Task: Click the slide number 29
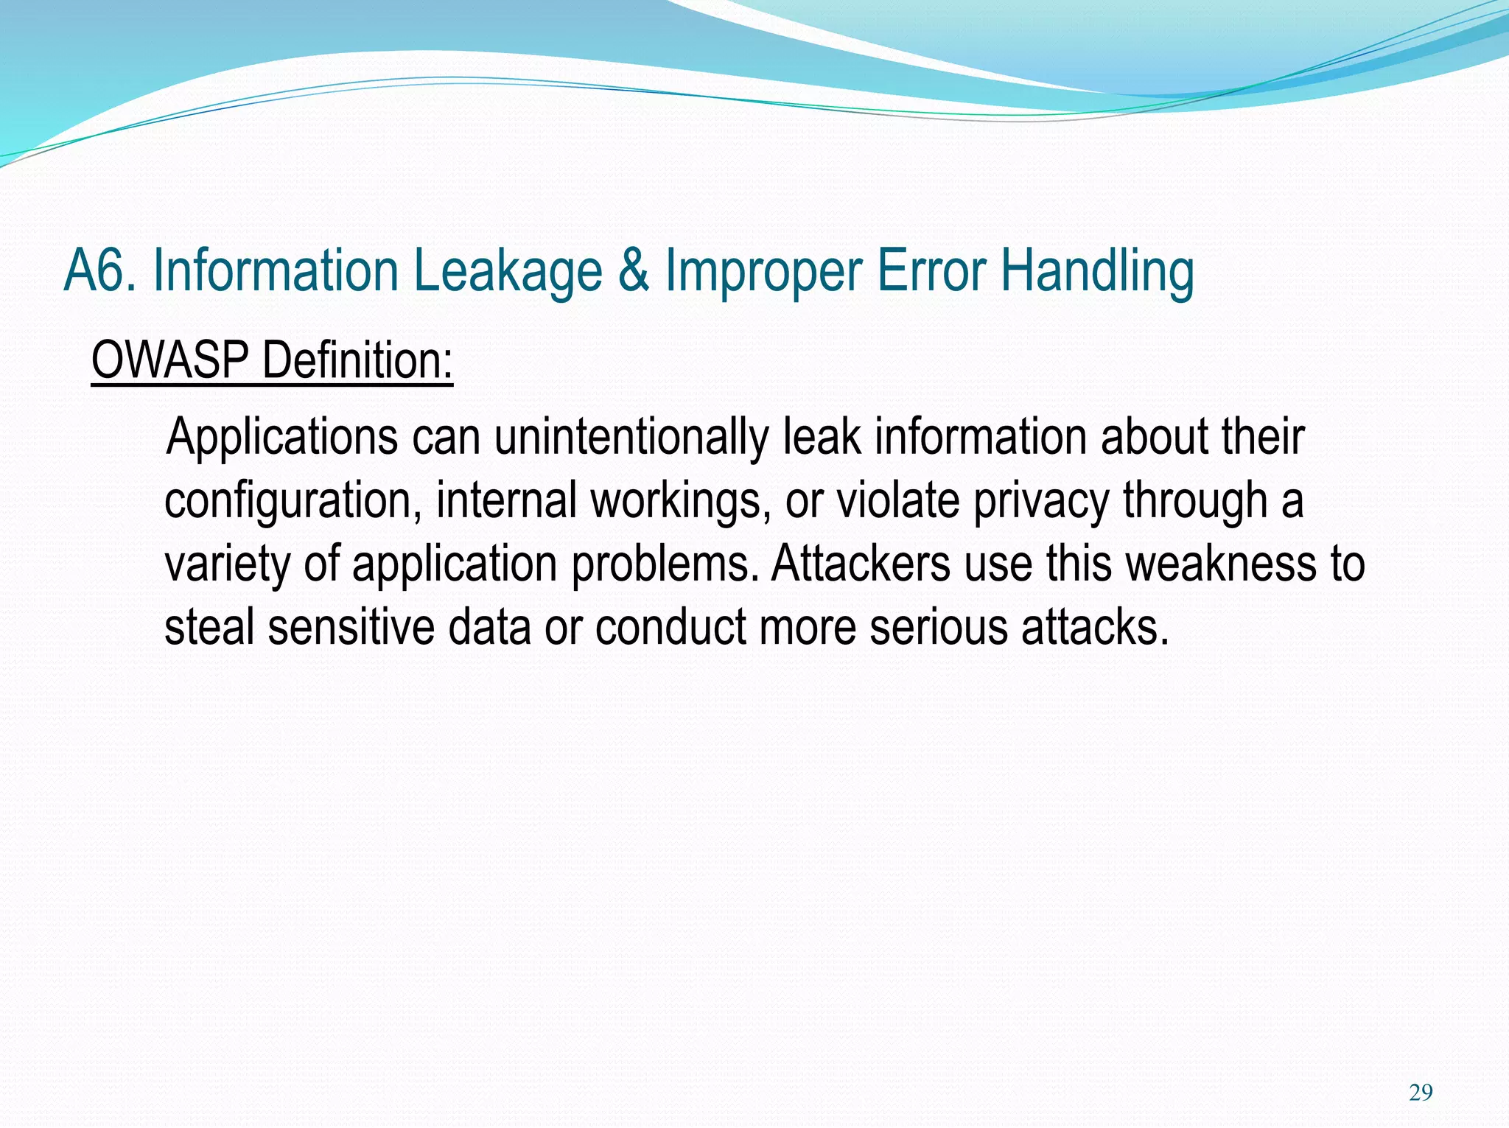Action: (1420, 1093)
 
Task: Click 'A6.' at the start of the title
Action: (100, 271)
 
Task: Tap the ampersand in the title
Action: (634, 271)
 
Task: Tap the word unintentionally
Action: (631, 438)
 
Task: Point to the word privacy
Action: (1040, 501)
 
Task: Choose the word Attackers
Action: (861, 564)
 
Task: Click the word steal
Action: (209, 627)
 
